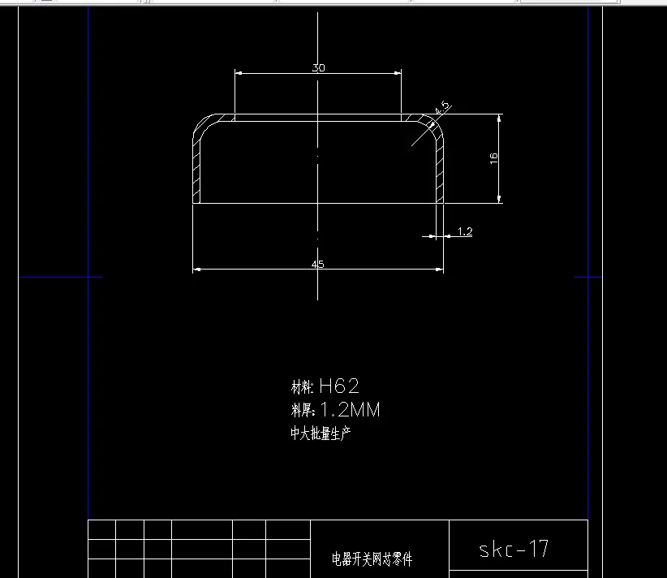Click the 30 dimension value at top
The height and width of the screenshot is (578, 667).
coord(318,68)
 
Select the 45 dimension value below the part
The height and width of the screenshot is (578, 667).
coord(317,264)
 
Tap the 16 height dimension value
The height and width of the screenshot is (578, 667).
coord(493,159)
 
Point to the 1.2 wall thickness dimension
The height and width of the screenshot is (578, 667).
coord(465,232)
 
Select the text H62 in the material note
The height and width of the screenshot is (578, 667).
coord(339,386)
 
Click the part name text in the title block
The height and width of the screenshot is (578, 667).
coord(372,559)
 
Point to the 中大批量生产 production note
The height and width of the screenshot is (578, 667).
coord(321,433)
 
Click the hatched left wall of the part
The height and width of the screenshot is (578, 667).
coord(196,166)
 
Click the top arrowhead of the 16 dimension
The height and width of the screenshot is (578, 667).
coord(499,118)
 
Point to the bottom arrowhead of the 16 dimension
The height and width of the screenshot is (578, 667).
coord(499,200)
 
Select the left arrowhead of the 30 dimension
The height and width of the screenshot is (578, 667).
coord(238,74)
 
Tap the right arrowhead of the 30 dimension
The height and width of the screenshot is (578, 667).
coord(398,74)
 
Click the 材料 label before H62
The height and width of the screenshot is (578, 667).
coord(302,387)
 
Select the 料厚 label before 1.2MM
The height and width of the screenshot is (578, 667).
coord(302,411)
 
